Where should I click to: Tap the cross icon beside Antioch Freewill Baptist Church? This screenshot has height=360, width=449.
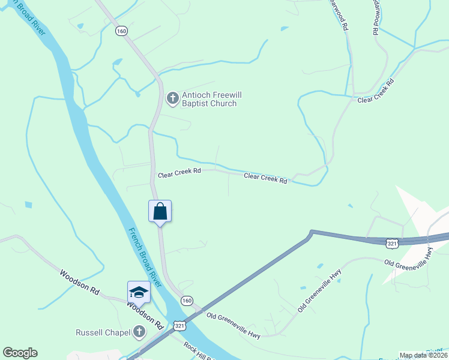(x=172, y=98)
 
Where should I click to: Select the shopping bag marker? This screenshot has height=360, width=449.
(x=160, y=212)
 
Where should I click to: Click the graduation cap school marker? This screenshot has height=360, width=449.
(x=139, y=292)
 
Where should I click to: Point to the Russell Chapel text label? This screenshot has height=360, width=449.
(x=101, y=332)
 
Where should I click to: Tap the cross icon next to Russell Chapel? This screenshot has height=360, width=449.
(x=139, y=332)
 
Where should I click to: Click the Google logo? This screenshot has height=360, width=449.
(x=20, y=353)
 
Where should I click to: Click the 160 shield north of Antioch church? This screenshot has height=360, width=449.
(x=122, y=31)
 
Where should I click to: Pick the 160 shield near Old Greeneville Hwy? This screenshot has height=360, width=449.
(x=187, y=300)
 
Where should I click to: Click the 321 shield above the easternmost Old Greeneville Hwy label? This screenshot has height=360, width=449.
(x=392, y=243)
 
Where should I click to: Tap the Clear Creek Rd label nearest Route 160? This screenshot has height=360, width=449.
(x=179, y=174)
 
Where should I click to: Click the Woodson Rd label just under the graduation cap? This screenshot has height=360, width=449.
(x=145, y=314)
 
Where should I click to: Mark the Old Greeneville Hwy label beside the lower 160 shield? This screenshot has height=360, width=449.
(x=233, y=325)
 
